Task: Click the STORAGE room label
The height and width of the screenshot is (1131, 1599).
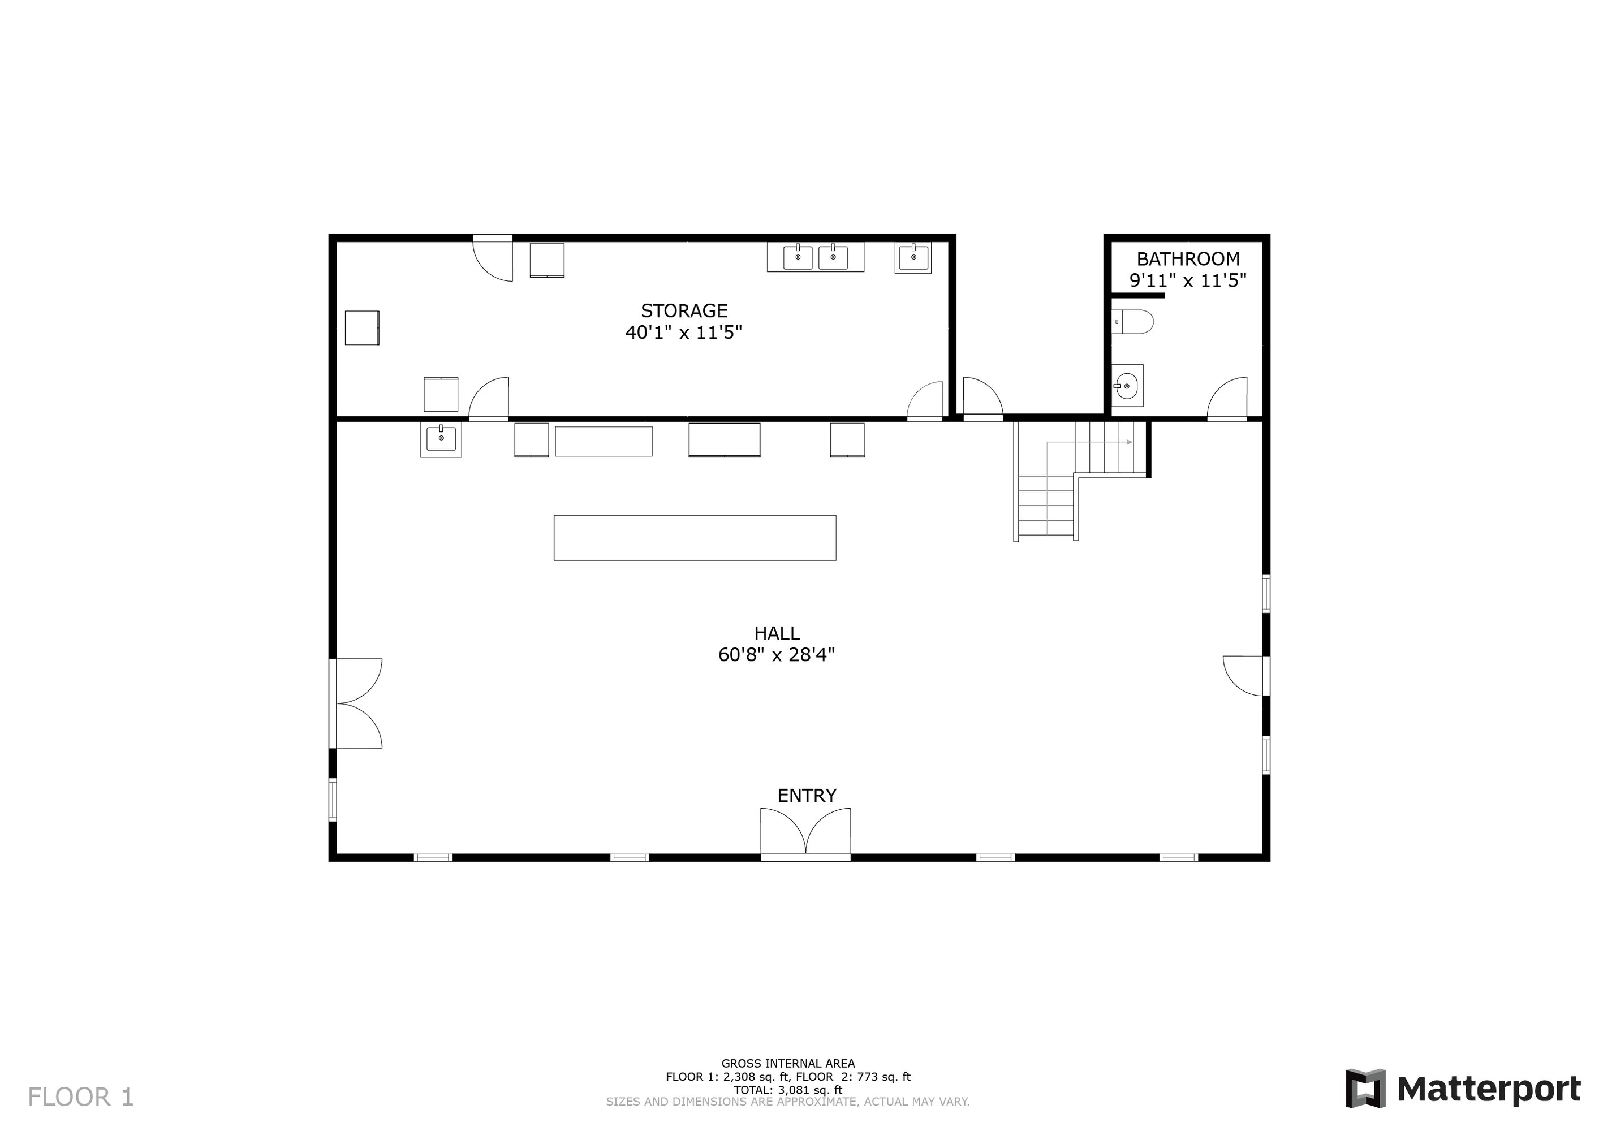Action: point(684,310)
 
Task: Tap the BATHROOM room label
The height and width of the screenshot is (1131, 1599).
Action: point(1188,259)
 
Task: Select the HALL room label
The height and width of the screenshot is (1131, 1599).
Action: point(777,633)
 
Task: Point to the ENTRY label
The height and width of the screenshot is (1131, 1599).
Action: point(807,795)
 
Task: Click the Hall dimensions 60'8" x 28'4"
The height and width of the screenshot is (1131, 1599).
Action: point(777,655)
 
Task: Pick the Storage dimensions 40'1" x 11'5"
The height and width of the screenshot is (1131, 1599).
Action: point(684,332)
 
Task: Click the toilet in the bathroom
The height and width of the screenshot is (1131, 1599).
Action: point(1132,322)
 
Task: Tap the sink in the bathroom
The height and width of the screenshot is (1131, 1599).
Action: point(1127,385)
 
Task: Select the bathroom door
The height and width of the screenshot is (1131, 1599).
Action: point(1227,398)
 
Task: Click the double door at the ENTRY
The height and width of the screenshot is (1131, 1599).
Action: point(806,834)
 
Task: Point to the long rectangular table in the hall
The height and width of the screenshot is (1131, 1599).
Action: point(695,538)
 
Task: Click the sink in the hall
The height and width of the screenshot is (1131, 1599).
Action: point(441,439)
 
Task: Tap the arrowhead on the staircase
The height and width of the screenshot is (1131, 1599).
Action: point(1130,442)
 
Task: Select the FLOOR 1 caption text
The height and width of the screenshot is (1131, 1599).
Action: point(81,1098)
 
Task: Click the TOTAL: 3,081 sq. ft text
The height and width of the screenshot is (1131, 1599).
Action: point(788,1090)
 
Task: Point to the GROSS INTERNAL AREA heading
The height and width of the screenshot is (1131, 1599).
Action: point(788,1064)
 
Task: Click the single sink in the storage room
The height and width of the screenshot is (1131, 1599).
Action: point(913,258)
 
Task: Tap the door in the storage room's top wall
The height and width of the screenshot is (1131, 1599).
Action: point(493,258)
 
